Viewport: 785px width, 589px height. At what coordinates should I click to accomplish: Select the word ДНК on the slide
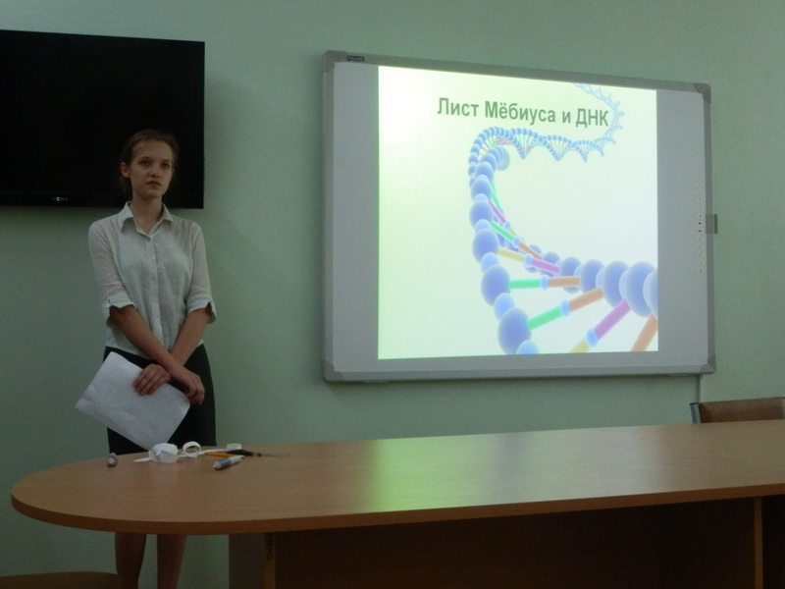(593, 118)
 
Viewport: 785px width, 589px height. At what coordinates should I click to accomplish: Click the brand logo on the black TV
(59, 199)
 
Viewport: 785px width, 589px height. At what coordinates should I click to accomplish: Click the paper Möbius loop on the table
(191, 448)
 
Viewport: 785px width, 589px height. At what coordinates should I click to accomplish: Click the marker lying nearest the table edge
(228, 462)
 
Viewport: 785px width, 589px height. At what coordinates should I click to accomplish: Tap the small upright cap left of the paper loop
(112, 459)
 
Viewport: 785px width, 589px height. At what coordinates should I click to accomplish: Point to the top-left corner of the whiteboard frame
(325, 53)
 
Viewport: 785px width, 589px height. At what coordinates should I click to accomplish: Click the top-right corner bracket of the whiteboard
(705, 89)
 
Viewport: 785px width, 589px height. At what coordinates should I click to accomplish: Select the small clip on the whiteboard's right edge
(714, 224)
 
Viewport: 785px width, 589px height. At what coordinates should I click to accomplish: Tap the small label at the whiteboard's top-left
(356, 59)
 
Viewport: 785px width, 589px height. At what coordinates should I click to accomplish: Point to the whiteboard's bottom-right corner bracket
(706, 367)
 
